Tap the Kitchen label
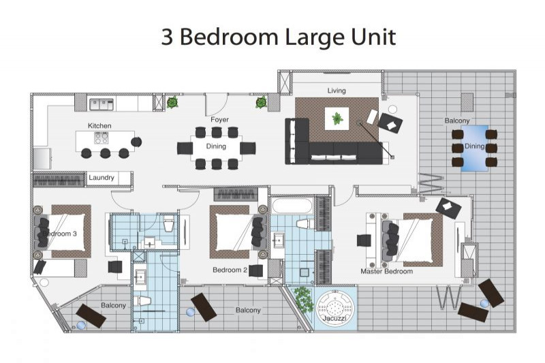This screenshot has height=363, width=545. click(99, 125)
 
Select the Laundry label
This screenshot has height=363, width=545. click(101, 178)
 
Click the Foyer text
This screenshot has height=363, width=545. click(219, 119)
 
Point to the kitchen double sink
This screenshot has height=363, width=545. click(102, 104)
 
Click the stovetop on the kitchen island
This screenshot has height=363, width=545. click(101, 138)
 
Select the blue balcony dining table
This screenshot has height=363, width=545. click(474, 148)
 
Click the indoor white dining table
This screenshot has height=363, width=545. click(216, 148)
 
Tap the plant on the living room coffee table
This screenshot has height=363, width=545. click(337, 119)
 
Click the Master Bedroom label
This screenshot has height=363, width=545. click(386, 271)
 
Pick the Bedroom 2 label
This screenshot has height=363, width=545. click(230, 270)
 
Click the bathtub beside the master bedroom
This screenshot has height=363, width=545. click(292, 206)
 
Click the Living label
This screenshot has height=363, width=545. click(337, 91)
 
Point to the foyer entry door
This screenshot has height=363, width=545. click(216, 106)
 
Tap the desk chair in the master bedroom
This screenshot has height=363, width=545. click(364, 240)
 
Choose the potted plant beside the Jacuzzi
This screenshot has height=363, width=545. click(304, 299)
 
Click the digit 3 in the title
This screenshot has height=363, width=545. click(167, 37)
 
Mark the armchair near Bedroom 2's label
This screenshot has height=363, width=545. click(256, 270)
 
